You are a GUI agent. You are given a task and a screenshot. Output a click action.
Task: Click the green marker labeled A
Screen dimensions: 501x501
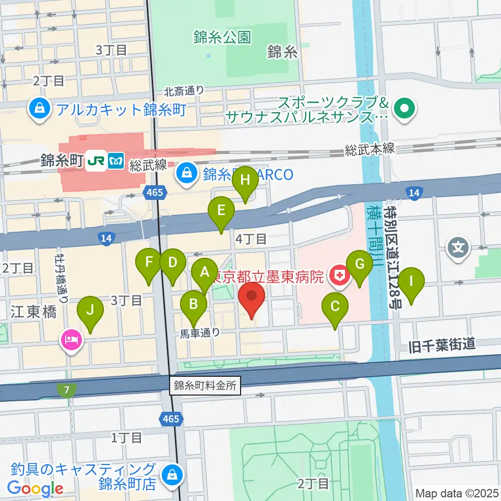205,271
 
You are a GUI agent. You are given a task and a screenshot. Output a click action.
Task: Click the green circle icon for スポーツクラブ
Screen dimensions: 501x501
404,109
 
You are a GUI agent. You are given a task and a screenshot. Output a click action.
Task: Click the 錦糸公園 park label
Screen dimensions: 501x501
222,37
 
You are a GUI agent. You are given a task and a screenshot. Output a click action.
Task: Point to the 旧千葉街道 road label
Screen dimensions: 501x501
442,344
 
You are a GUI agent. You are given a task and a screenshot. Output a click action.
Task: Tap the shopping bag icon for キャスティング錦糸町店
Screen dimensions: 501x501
171,475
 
